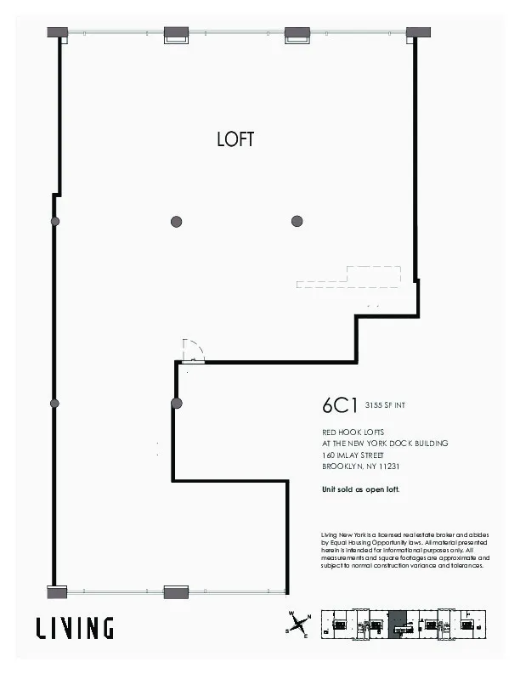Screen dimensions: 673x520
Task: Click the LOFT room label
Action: (x=235, y=140)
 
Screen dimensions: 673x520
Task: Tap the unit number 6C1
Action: (x=339, y=404)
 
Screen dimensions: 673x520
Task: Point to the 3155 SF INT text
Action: (x=385, y=406)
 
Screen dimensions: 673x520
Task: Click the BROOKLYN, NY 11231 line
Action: (x=361, y=467)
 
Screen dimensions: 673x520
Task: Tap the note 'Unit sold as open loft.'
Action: (x=360, y=489)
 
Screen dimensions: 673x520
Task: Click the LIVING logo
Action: (x=75, y=628)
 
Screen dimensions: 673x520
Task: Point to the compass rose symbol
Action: (x=299, y=626)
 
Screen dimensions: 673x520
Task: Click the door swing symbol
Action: (x=194, y=350)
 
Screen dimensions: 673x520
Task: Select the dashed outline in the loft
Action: (x=348, y=277)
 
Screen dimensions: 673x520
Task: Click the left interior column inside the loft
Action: (x=177, y=222)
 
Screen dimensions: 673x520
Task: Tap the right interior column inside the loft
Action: (x=297, y=222)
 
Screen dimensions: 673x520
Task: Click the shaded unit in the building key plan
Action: (x=397, y=624)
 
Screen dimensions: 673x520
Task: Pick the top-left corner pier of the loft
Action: (x=57, y=32)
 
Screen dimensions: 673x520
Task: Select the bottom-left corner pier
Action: (x=57, y=591)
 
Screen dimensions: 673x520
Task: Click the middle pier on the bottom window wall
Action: (x=176, y=591)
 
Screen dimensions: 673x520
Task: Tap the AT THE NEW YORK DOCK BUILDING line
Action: (x=385, y=444)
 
